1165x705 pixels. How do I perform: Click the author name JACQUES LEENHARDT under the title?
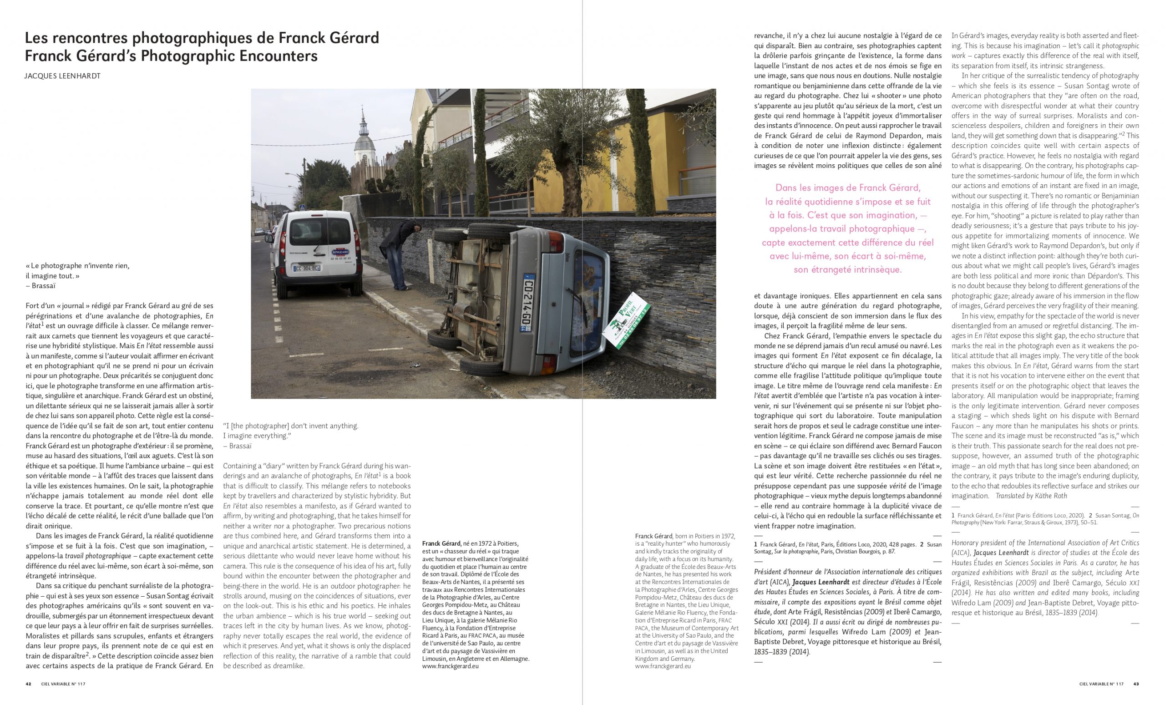[x=62, y=76]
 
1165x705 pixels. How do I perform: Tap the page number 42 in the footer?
[x=28, y=684]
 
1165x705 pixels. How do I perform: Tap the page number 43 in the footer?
[x=1136, y=684]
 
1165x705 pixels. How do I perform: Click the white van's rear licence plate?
[x=307, y=268]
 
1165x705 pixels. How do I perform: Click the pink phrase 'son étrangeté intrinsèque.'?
[x=848, y=270]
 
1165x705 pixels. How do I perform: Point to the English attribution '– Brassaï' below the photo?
[x=238, y=446]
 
